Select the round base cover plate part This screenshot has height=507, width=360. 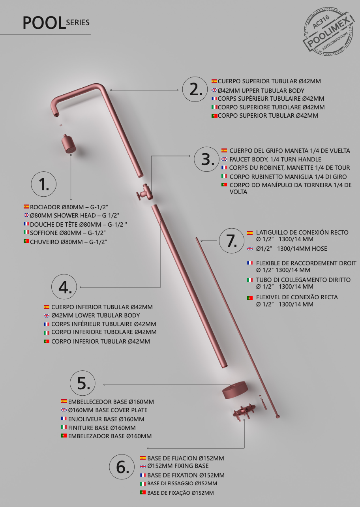coord(235,390)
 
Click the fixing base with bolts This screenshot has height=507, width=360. coord(244,412)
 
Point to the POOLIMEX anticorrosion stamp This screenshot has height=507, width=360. coord(328,32)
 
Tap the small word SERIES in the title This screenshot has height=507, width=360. coord(78,23)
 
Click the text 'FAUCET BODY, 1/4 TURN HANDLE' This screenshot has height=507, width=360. coord(275,160)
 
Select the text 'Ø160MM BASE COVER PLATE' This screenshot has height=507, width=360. coord(108,410)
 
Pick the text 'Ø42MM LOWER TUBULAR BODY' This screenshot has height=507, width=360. coord(96,315)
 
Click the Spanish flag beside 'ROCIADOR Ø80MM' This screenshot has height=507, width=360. coord(26,207)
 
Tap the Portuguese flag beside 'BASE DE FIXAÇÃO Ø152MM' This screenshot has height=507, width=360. coord(143,492)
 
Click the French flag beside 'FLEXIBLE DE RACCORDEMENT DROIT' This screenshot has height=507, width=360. coord(250,263)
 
